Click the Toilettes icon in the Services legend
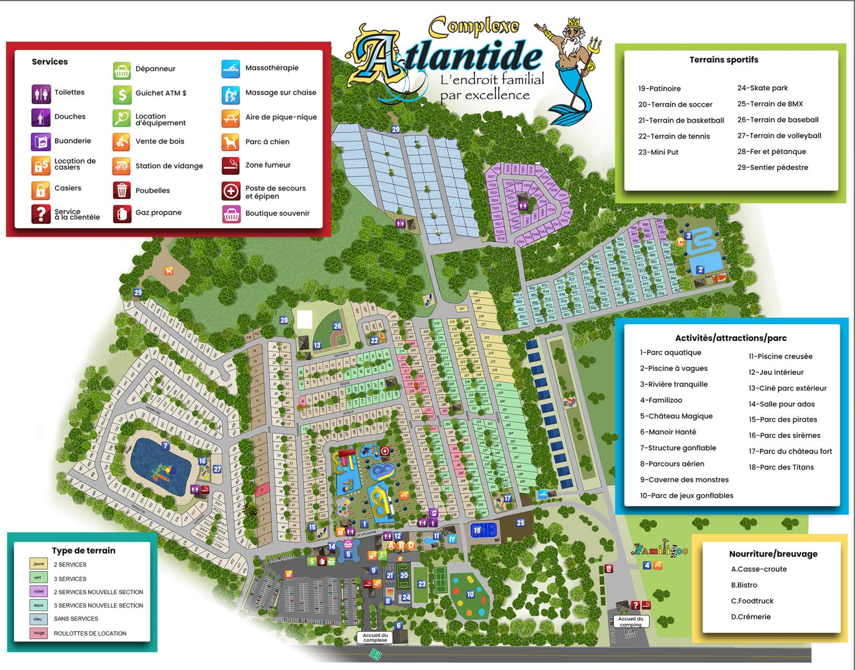click(41, 94)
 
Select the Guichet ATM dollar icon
click(122, 94)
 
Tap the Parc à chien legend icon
click(230, 142)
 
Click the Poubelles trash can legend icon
click(122, 190)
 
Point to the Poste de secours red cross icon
click(230, 191)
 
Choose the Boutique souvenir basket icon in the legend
click(230, 214)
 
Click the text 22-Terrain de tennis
click(674, 136)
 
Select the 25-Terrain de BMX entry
click(770, 104)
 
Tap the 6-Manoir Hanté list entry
click(667, 432)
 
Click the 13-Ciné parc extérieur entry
click(787, 389)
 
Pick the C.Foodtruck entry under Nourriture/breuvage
click(752, 601)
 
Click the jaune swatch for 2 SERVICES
click(38, 564)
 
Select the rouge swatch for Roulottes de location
click(38, 633)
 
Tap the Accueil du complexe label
click(375, 638)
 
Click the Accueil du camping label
click(631, 622)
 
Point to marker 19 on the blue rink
click(476, 531)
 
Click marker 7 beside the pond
click(165, 446)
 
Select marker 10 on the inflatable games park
click(470, 595)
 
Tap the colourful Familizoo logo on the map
click(660, 551)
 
